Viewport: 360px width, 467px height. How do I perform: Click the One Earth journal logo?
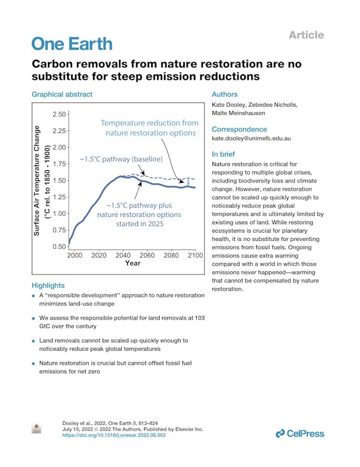coord(71,43)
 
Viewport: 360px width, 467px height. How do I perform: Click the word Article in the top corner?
coord(306,35)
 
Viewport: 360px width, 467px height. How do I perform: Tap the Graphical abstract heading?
coord(62,95)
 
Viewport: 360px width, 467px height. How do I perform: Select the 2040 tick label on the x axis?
coord(123,255)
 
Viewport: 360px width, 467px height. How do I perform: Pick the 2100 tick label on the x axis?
coord(196,255)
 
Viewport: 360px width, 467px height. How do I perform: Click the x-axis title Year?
coord(133,263)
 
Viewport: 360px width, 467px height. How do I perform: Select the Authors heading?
coord(225,95)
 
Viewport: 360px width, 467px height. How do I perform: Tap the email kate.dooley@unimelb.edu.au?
coord(251,138)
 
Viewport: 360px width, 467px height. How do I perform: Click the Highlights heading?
coord(48,285)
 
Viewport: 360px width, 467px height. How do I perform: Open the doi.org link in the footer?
coord(114,435)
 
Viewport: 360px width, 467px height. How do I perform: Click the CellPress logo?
coord(299,433)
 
